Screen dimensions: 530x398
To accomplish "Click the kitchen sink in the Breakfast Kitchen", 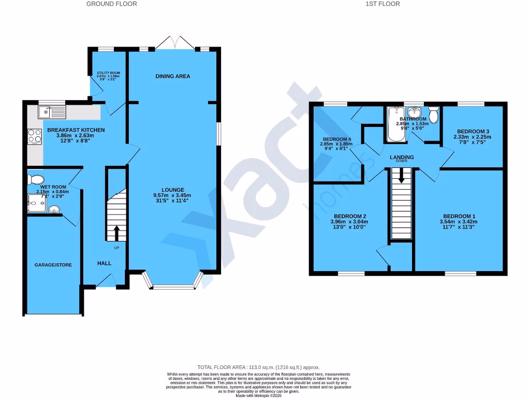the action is pos(52,111).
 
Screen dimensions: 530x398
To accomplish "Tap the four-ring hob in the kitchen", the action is pos(35,136).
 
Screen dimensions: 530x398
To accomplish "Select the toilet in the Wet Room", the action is pos(36,179).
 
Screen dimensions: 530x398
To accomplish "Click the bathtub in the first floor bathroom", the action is pos(394,124).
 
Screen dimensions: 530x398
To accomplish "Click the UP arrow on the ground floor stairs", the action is pos(116,233).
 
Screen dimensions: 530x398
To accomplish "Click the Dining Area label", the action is pos(173,76).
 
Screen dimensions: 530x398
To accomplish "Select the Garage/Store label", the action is pos(53,265).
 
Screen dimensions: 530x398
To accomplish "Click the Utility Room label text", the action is pos(108,73).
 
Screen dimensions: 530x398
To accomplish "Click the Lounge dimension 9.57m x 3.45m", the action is pos(172,195).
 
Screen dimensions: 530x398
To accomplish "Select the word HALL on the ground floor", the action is pos(105,263).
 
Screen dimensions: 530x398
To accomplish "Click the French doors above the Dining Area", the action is pos(175,42).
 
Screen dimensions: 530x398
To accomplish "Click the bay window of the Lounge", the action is pos(173,285).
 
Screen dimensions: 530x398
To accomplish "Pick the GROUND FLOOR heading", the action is pos(111,4).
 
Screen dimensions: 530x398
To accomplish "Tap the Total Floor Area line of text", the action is pos(259,367).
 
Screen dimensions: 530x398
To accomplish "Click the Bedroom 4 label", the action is pos(337,139).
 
